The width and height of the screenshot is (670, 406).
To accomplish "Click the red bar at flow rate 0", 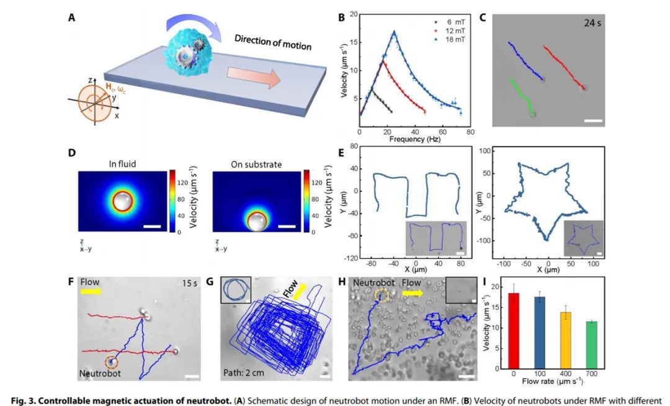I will (514, 332).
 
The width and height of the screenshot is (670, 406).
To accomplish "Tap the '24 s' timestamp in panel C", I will (590, 24).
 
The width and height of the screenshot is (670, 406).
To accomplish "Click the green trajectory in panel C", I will (518, 96).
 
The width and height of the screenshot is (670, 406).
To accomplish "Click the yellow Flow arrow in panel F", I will (92, 291).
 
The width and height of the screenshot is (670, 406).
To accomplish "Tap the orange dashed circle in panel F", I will (111, 361).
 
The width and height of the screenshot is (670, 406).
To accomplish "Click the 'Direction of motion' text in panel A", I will (273, 43).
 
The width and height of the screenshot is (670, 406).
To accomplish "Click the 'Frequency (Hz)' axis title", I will (414, 140).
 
